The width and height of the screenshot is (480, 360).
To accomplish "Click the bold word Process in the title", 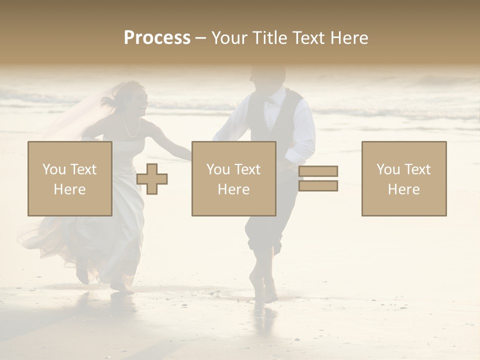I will click(157, 38).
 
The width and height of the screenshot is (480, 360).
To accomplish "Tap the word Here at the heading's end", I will click(349, 38).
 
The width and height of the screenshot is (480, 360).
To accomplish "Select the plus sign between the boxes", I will click(152, 179).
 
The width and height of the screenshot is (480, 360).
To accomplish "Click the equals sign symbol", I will click(318, 178).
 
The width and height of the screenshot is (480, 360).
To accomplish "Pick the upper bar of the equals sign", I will click(318, 171).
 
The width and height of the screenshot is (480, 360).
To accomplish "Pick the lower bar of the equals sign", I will click(318, 186).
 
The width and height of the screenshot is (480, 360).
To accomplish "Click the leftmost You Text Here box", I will click(70, 178).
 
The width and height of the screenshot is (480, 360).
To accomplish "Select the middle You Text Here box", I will click(233, 178).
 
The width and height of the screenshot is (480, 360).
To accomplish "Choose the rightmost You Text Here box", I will click(403, 178).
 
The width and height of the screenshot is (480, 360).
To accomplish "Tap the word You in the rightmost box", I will click(388, 169).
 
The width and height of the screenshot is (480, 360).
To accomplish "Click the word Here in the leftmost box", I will click(69, 189).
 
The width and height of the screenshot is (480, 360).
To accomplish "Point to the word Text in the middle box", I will click(247, 169).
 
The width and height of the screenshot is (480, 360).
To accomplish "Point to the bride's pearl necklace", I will click(131, 128).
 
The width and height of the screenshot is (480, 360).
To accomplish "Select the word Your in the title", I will click(229, 38).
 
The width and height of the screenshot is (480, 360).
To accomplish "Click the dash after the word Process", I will click(200, 38).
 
